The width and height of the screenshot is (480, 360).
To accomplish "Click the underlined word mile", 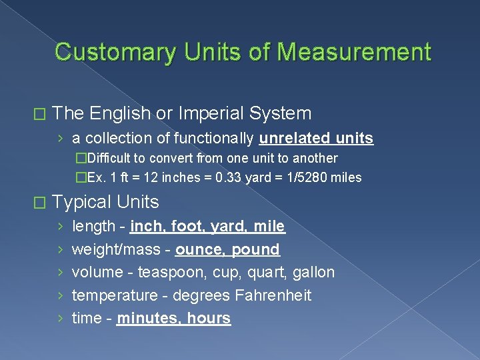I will coord(269,227).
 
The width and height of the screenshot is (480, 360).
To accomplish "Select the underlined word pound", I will coord(255,249).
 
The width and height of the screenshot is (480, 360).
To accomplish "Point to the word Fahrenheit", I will coord(276,295).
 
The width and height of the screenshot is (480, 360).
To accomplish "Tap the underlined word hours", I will coord(209,318).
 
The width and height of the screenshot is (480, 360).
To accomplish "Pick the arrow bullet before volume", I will coord(61,273).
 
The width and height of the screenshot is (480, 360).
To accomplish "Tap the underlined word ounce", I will coord(199,249).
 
